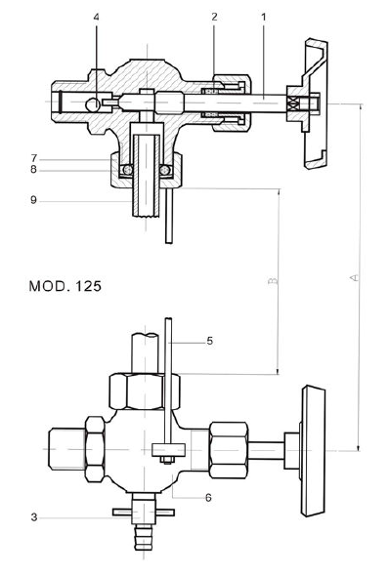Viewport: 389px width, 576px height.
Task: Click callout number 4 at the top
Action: [97, 18]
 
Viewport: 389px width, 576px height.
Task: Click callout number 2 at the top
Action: [214, 17]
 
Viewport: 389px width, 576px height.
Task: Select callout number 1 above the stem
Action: [263, 17]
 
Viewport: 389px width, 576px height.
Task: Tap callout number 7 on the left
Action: [34, 158]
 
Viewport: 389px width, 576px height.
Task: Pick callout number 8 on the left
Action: [34, 169]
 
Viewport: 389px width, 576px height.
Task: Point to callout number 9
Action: [34, 200]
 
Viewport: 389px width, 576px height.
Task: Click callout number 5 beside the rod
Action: [209, 341]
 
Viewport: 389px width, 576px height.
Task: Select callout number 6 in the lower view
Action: [208, 498]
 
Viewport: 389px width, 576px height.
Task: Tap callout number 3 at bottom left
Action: [34, 517]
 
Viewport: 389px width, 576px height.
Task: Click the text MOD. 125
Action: [65, 286]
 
